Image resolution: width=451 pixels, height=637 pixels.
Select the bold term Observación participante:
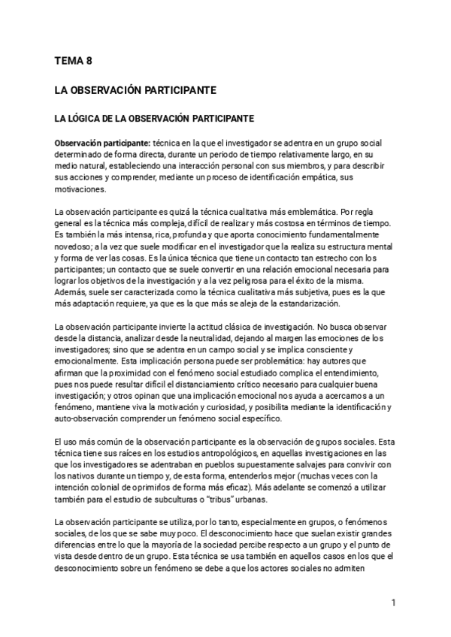coord(102,143)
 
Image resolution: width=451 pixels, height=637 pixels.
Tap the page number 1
coord(393,602)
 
